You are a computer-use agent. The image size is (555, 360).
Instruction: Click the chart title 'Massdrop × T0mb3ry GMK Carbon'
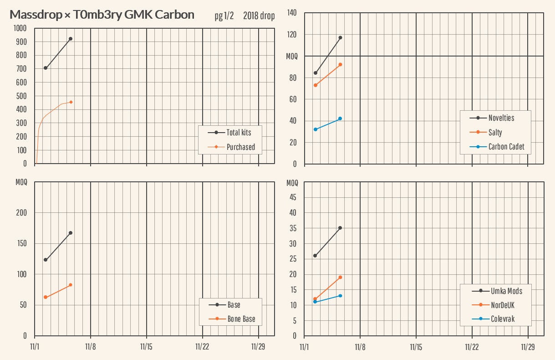[x=102, y=15]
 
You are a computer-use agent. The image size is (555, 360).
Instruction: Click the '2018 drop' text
[x=259, y=16]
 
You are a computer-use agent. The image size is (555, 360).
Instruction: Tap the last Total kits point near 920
[x=71, y=39]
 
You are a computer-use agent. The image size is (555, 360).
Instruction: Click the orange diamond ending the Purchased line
[x=71, y=102]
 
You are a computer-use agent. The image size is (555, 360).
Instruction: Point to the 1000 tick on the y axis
[x=20, y=28]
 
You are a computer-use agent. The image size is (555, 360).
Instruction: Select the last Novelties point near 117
[x=340, y=37]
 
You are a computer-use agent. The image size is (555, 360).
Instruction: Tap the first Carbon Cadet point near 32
[x=316, y=129]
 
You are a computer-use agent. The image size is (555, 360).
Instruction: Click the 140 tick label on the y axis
[x=291, y=13]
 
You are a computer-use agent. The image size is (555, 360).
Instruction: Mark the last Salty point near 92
[x=340, y=65]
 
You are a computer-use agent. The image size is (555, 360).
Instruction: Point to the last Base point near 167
[x=71, y=233]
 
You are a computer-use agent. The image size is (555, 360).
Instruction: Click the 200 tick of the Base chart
[x=22, y=213]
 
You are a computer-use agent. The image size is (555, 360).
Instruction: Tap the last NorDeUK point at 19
[x=340, y=277]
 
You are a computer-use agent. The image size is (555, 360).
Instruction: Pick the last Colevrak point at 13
[x=340, y=296]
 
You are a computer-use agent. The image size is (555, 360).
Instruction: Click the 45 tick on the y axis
[x=293, y=197]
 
